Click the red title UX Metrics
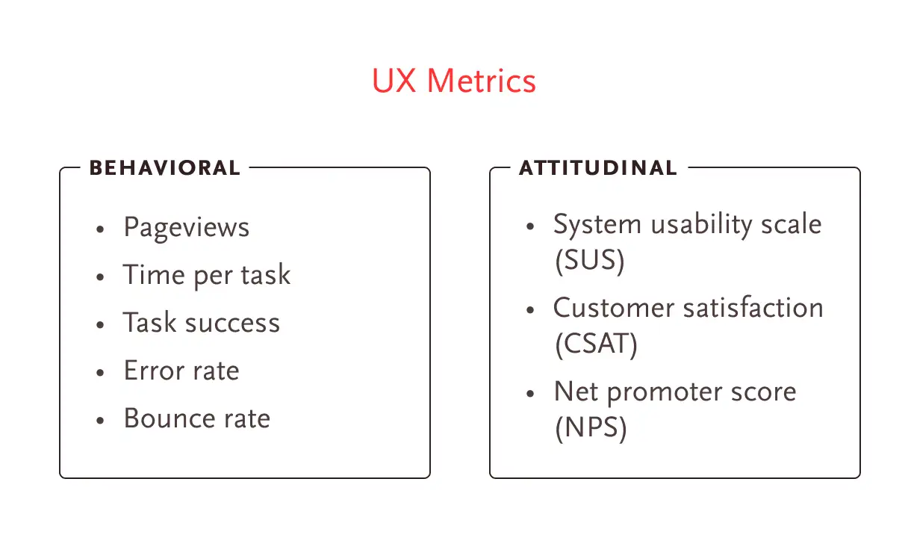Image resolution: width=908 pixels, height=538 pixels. pos(454,81)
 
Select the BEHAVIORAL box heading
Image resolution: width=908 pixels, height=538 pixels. pos(164,168)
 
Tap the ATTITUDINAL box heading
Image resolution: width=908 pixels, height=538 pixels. pos(598,168)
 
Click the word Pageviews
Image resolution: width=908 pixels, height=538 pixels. pos(187,228)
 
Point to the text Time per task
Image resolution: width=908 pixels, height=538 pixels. pos(207,276)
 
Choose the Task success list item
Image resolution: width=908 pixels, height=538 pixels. pos(202,323)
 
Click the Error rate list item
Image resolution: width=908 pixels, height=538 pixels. pos(181,371)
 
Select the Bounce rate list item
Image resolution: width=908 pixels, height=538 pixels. pos(197,418)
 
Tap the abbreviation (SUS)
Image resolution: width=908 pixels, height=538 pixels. pos(590,261)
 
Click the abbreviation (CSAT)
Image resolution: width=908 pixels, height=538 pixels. pos(597,344)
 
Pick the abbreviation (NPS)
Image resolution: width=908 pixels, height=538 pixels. pos(591,427)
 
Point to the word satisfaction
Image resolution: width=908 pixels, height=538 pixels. pos(753,307)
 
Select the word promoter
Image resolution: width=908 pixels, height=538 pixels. pos(665,392)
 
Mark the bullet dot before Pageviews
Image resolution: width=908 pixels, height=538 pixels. pos(100,229)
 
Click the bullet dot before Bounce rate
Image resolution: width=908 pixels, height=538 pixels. pos(100,421)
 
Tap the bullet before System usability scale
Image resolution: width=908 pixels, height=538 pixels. pos(530,226)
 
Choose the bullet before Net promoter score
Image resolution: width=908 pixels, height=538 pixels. pos(530,394)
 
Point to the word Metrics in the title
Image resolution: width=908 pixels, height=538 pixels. pos(482,81)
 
